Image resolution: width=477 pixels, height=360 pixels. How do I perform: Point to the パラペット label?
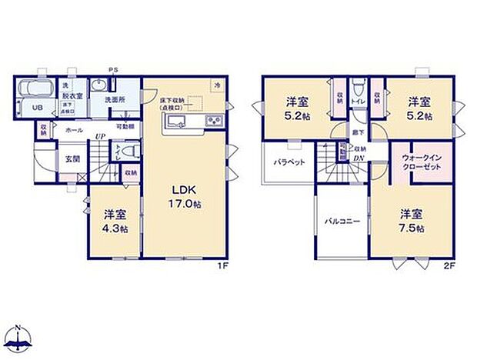coord(289,162)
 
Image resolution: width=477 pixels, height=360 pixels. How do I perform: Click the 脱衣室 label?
coord(72,96)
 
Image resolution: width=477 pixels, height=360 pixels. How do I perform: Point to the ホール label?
coord(74,132)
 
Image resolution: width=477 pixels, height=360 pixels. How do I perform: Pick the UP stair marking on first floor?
coord(99,138)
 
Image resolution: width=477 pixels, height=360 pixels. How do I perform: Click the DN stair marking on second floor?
coord(359,159)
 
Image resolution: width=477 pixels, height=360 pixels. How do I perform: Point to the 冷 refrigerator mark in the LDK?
coord(218,85)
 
